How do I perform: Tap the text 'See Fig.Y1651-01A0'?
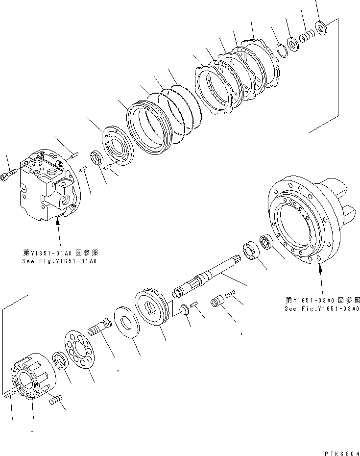(x=60, y=261)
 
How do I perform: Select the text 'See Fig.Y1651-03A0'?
(x=322, y=309)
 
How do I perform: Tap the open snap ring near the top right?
(x=280, y=50)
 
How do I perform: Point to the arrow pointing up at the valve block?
(x=58, y=230)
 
